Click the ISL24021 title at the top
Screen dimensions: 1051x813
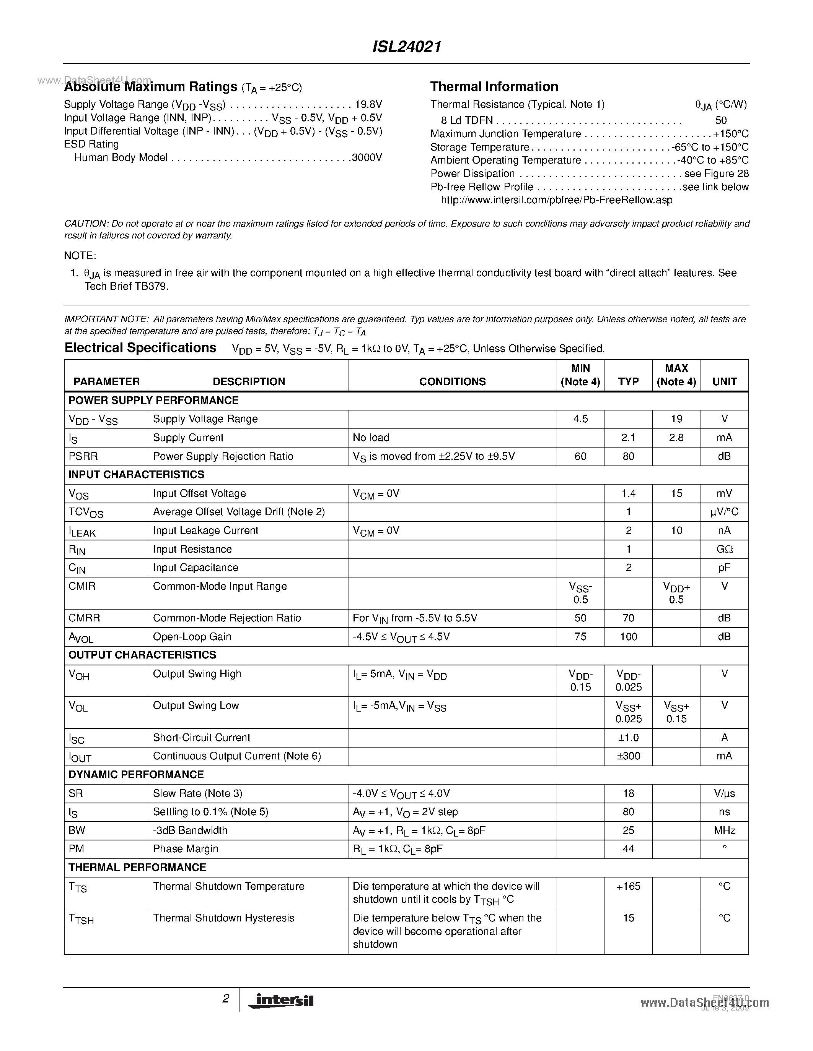406,47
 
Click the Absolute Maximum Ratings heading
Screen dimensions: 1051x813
151,87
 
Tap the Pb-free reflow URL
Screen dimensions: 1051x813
556,200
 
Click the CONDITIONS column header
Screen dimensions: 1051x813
452,382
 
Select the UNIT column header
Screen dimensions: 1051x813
724,382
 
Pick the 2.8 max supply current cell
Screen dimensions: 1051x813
676,438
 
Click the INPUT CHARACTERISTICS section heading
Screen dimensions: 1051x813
136,475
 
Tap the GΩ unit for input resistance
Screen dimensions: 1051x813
724,549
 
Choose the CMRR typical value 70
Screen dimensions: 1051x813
628,618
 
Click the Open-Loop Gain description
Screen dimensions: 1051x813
192,637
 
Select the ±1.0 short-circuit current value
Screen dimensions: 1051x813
628,738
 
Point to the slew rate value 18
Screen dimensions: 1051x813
628,793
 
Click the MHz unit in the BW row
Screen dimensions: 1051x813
724,830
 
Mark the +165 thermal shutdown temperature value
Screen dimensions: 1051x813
628,886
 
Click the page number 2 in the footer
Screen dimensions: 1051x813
225,999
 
